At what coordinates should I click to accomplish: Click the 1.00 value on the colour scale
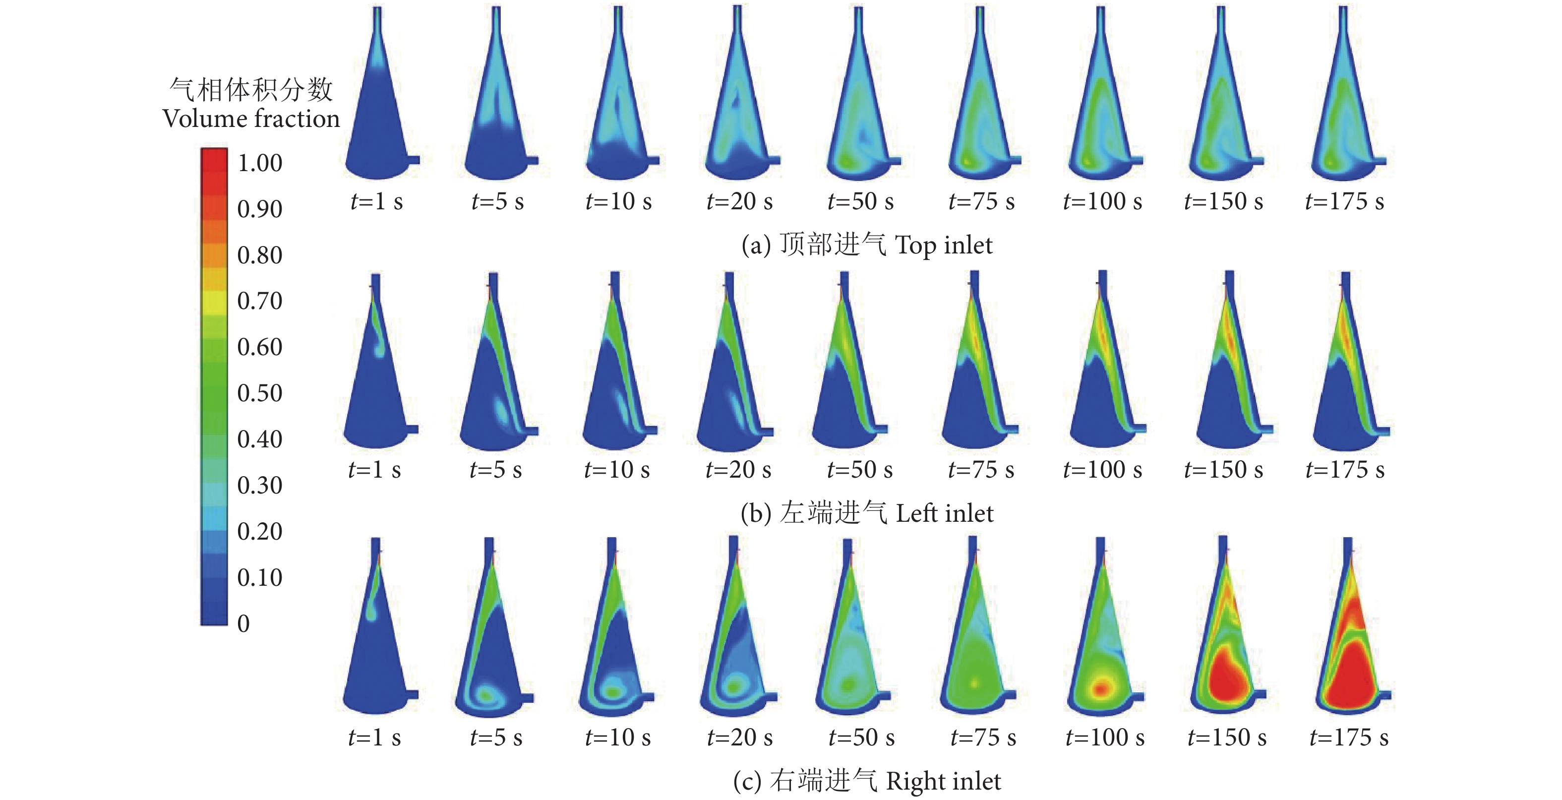tap(259, 163)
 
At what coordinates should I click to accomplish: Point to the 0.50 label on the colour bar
tap(259, 393)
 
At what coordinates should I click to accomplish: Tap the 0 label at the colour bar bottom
tap(243, 623)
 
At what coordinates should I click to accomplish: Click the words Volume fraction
tap(251, 118)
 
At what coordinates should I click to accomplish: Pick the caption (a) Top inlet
tap(867, 245)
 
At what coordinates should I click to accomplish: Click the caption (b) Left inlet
tap(867, 513)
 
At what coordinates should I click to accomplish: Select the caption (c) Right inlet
tap(867, 781)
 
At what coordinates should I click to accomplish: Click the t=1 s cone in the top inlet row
tap(377, 122)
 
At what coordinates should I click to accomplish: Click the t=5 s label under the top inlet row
tap(497, 201)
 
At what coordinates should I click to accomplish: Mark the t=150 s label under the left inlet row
tap(1224, 470)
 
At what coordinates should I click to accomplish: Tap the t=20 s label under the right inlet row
tap(740, 738)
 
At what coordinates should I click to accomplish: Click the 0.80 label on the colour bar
tap(259, 255)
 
